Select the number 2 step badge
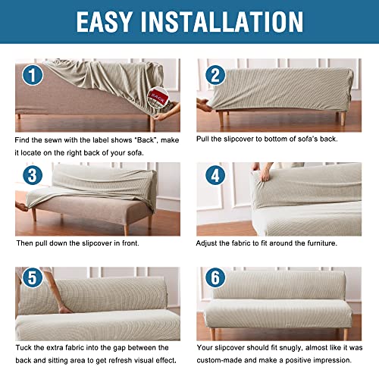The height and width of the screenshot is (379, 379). coord(215,74)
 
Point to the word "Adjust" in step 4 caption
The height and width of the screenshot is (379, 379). coord(211,244)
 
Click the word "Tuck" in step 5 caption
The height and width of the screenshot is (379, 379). coord(26,348)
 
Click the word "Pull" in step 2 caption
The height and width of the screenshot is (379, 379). coord(207,140)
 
